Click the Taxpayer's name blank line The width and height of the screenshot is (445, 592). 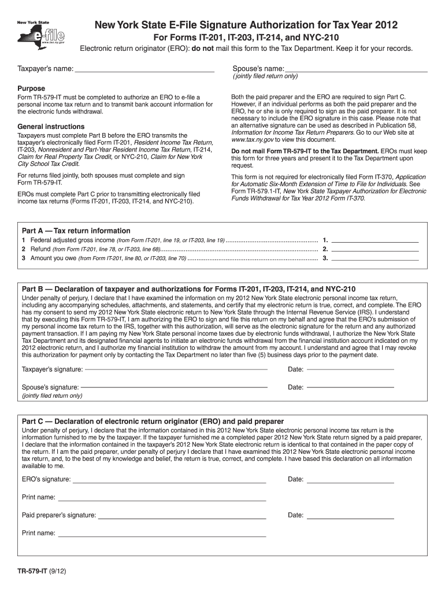(144, 69)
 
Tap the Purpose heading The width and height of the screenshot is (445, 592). (32, 88)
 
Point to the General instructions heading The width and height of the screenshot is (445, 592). (51, 127)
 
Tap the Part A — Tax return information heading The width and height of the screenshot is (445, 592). (76, 231)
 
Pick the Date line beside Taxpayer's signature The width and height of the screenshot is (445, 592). (350, 369)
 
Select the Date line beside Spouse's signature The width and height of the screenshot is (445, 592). (350, 387)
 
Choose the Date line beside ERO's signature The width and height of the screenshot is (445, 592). (350, 479)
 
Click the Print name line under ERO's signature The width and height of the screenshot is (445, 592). (162, 497)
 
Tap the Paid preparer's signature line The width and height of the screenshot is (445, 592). (182, 515)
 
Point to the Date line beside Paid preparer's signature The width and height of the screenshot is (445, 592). (350, 515)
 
